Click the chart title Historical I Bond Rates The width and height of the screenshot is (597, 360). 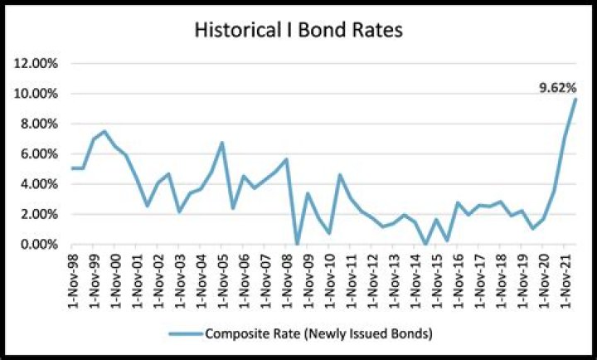(298, 31)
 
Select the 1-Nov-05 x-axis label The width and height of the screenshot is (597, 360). (222, 278)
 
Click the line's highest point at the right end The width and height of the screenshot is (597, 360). (575, 100)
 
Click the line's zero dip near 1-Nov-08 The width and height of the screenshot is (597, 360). (297, 244)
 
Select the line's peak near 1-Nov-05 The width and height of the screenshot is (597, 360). (222, 143)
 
